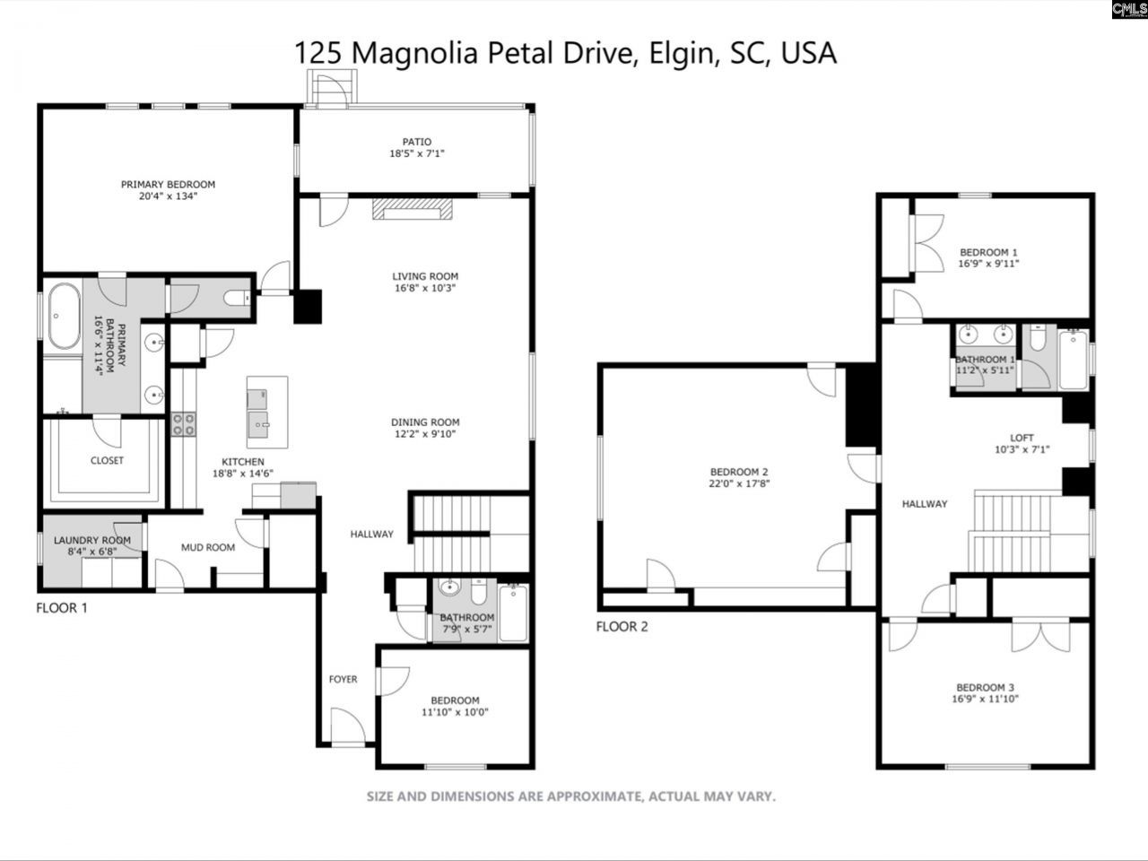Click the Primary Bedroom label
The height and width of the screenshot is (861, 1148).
pos(168,185)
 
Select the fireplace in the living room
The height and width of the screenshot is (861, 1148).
pos(413,209)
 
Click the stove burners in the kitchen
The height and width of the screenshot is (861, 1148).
pos(184,424)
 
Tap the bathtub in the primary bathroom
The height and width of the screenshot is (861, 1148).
pos(62,317)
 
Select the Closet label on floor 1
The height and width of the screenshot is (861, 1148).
pos(107,460)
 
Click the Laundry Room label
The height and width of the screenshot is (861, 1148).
pos(91,540)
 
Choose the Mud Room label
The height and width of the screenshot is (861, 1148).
pos(208,547)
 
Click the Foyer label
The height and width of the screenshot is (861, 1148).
pos(343,679)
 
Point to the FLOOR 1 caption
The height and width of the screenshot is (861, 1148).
pos(62,608)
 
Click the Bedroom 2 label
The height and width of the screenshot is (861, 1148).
pos(739,472)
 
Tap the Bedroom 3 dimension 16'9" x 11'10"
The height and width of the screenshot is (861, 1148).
pos(987,699)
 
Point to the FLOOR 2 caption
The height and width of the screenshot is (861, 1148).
pos(622,626)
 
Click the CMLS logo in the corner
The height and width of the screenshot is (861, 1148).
pos(1128,11)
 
